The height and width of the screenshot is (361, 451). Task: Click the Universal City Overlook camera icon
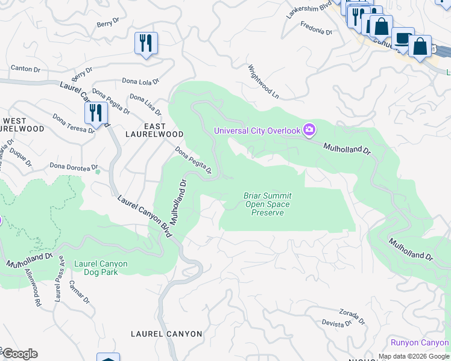pos(309,131)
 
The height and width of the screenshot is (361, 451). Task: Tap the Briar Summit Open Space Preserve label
pos(267,205)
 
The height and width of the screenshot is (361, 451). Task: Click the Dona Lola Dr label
pos(140,81)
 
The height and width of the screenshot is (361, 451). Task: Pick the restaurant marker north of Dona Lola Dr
pos(146,43)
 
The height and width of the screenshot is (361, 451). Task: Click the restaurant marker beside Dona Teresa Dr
pos(96,113)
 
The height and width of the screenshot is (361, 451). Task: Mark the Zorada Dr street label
pos(352,316)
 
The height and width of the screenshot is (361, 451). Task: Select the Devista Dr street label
pos(336,324)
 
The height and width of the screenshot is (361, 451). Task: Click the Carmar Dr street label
pos(80,292)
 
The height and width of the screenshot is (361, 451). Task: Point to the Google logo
pos(19,354)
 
